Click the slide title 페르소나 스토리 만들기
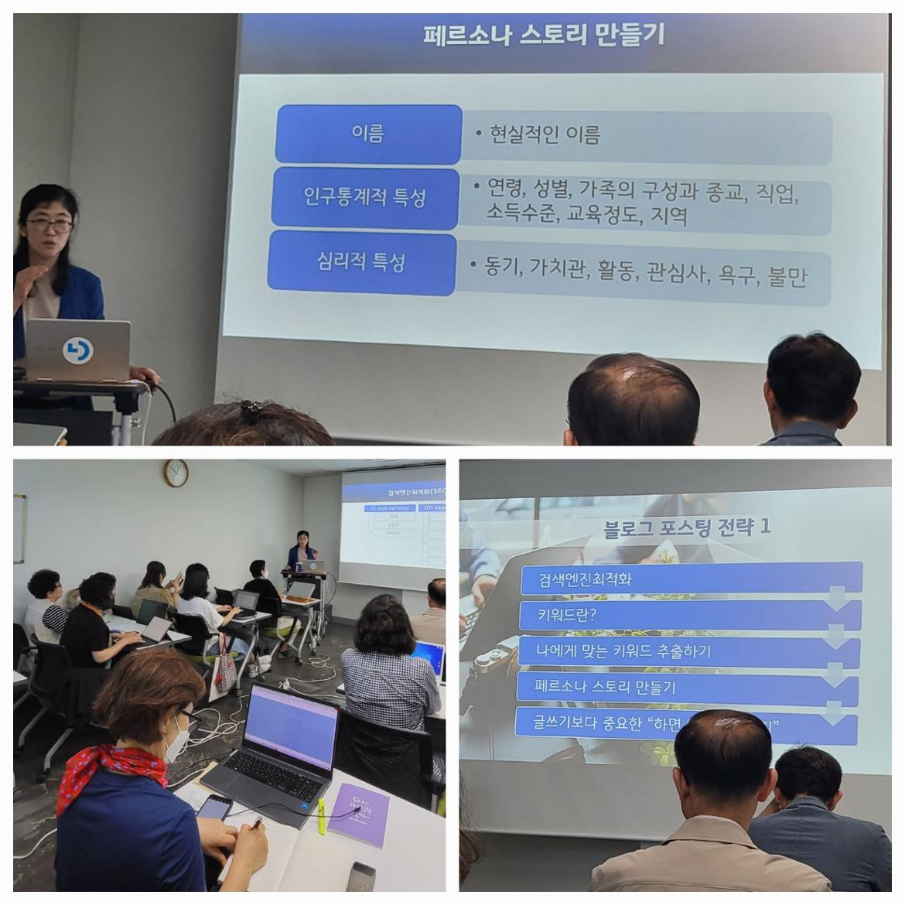pyautogui.click(x=543, y=36)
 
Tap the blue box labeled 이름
pyautogui.click(x=368, y=134)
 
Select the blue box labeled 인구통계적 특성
pyautogui.click(x=364, y=197)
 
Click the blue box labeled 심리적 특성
pyautogui.click(x=360, y=262)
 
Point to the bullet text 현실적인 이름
pyautogui.click(x=545, y=135)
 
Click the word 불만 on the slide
pyautogui.click(x=787, y=276)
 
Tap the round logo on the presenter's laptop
pyautogui.click(x=77, y=350)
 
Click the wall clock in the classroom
pyautogui.click(x=176, y=472)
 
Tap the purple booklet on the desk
pyautogui.click(x=358, y=814)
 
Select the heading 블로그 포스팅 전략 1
pyautogui.click(x=687, y=528)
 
